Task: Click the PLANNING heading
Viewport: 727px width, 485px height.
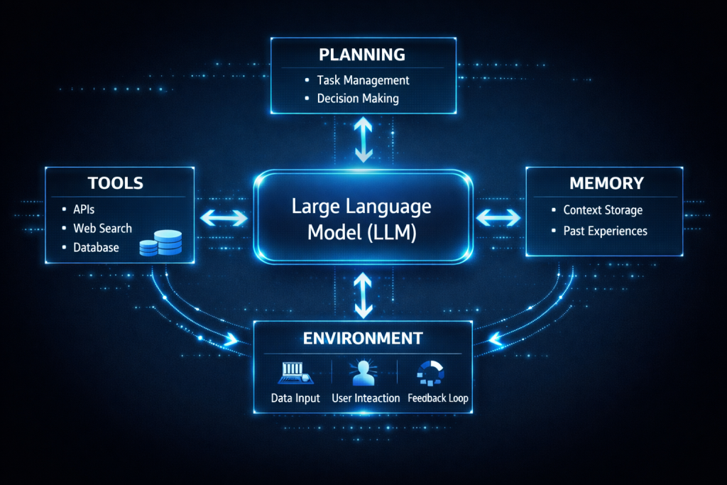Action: coord(362,55)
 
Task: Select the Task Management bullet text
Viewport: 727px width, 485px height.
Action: coord(363,80)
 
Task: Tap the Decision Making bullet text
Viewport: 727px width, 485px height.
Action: coord(358,98)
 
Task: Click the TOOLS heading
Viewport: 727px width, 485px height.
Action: coord(116,183)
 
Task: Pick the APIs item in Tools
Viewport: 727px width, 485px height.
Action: coord(84,209)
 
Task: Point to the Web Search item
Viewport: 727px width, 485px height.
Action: coord(102,228)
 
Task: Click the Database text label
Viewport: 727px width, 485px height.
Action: coord(96,248)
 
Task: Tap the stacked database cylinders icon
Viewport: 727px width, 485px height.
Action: coord(161,243)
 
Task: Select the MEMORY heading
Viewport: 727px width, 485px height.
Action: coord(606,183)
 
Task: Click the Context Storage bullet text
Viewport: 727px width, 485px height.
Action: coord(603,210)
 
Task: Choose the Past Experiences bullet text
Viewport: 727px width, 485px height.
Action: coord(605,231)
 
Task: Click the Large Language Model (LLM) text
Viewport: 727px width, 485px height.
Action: coord(361,219)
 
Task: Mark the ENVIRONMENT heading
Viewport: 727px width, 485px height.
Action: coord(363,339)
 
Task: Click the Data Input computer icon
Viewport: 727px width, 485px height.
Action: coord(295,373)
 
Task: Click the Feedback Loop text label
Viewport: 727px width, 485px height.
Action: coord(437,398)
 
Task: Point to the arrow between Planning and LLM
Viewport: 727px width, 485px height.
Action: coord(363,139)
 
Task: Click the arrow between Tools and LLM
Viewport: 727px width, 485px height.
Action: coord(224,218)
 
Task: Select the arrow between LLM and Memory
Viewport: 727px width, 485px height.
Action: coord(498,218)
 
